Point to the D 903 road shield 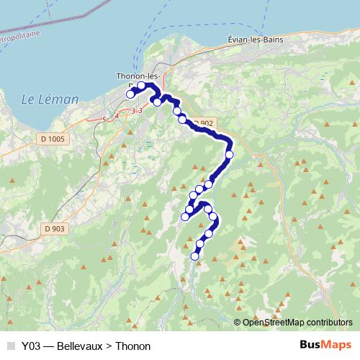[54, 228]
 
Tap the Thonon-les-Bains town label [138, 76]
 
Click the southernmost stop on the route [194, 256]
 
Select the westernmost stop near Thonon [130, 94]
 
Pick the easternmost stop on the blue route [230, 154]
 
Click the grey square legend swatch [10, 346]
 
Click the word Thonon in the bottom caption [132, 346]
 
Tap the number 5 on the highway [104, 118]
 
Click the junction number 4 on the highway [117, 115]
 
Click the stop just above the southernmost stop [199, 245]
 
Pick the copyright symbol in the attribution [238, 322]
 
